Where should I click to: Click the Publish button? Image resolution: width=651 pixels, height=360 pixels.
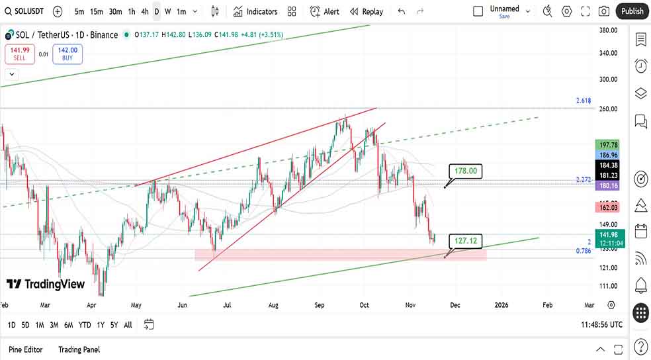(x=632, y=11)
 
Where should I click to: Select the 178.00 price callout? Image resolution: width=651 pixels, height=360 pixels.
(x=466, y=171)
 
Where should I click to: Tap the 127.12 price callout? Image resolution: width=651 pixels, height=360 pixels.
(x=466, y=242)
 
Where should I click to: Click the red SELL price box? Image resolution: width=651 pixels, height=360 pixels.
(x=20, y=54)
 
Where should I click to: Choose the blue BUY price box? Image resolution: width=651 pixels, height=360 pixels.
(x=67, y=54)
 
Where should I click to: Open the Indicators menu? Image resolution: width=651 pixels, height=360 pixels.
(x=255, y=11)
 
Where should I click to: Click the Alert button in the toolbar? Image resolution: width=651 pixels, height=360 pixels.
(x=324, y=11)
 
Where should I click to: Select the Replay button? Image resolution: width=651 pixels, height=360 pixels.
(x=367, y=11)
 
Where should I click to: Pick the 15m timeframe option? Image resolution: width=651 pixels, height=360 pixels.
(x=97, y=11)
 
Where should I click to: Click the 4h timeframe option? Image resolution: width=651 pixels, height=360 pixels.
(x=145, y=11)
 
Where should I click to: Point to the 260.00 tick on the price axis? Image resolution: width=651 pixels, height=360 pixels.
(x=608, y=109)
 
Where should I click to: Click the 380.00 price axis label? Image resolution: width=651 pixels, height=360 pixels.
(x=608, y=30)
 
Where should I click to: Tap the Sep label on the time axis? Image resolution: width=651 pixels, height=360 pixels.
(x=320, y=305)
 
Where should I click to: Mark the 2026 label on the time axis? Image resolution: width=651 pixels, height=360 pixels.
(x=501, y=305)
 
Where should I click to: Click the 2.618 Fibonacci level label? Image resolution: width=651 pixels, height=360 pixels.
(x=583, y=101)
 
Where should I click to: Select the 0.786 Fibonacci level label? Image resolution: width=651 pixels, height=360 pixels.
(x=583, y=251)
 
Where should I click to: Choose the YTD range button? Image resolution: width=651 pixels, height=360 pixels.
(x=85, y=325)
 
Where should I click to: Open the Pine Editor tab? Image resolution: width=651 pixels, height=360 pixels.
(x=26, y=349)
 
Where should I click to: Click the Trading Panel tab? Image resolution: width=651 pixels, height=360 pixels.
(x=79, y=349)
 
